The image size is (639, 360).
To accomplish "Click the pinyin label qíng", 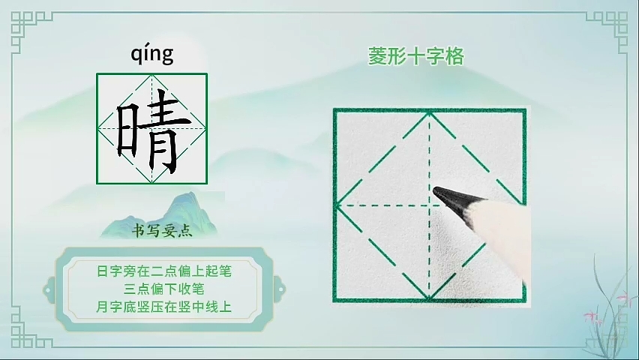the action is [152, 55].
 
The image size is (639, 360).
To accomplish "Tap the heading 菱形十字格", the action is [416, 56].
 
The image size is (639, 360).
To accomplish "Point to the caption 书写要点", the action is [162, 231].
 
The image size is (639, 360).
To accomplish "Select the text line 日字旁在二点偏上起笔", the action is [163, 271].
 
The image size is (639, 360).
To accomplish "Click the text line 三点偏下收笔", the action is [163, 289].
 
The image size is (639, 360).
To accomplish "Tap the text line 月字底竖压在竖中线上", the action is [163, 307].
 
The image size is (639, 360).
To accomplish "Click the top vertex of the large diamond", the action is [429, 112].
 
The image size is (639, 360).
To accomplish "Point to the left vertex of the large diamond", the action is [337, 206].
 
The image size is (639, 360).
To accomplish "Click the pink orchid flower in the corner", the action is [593, 317].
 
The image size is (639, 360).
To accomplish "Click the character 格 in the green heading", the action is [454, 56].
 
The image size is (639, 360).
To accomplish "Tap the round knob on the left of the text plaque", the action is [49, 290].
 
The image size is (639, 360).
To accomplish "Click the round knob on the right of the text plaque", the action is [280, 290].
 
